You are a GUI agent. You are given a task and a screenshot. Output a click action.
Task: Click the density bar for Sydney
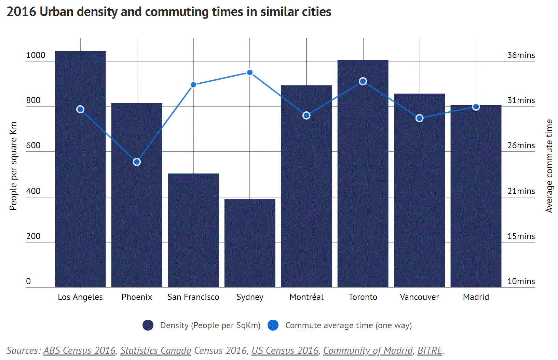(250, 243)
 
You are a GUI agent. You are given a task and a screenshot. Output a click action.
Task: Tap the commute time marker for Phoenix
(137, 162)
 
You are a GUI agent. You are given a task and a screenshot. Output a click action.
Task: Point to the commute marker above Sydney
(250, 72)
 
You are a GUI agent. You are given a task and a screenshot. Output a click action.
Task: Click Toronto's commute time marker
(363, 81)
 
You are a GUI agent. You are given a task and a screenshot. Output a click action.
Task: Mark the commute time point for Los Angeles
(80, 109)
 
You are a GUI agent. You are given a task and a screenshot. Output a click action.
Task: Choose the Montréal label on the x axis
(306, 297)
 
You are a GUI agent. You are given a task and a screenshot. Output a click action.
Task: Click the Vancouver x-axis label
(419, 297)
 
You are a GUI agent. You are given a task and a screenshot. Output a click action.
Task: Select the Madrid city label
(476, 297)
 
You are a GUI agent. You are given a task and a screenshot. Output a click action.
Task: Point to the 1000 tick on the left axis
(36, 55)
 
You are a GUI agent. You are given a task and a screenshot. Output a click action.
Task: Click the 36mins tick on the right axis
(521, 55)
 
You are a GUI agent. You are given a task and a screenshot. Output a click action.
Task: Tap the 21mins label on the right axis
(521, 191)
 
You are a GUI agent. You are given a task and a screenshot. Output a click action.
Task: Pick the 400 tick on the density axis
(33, 191)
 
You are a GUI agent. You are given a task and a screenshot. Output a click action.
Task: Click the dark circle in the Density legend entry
(148, 325)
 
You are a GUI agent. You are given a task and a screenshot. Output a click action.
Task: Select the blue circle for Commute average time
(273, 325)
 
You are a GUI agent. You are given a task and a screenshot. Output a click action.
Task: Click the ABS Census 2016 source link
(79, 350)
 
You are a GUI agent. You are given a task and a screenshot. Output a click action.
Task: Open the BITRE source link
(430, 350)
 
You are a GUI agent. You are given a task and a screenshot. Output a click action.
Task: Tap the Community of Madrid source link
(368, 350)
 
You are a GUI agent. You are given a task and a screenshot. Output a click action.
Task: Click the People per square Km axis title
(13, 166)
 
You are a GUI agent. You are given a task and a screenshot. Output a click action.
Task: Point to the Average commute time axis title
(549, 166)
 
